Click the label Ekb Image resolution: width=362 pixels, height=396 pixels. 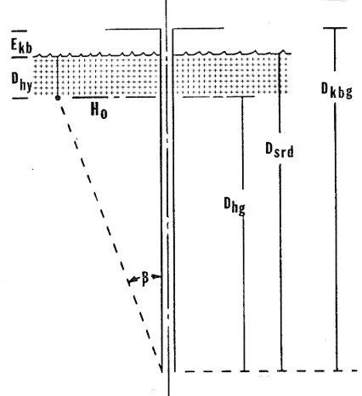pyautogui.click(x=21, y=46)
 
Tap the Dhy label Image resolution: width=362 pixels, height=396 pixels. pyautogui.click(x=21, y=82)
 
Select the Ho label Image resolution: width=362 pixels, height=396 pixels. pyautogui.click(x=99, y=110)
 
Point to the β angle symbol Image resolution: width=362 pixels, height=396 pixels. pyautogui.click(x=144, y=279)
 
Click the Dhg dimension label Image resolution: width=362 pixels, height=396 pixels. pyautogui.click(x=235, y=206)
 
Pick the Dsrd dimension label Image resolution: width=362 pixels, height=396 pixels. pyautogui.click(x=280, y=150)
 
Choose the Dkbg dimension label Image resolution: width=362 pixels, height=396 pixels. pyautogui.click(x=337, y=90)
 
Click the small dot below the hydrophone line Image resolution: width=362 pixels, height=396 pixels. pyautogui.click(x=58, y=98)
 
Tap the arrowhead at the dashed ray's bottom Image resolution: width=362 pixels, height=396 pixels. pyautogui.click(x=161, y=367)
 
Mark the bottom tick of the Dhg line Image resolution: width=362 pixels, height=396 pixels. pyautogui.click(x=245, y=371)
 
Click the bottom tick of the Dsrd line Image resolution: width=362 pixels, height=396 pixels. pyautogui.click(x=281, y=371)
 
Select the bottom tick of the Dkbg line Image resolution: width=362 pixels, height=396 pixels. pyautogui.click(x=337, y=371)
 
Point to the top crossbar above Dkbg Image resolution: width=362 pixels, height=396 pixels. pyautogui.click(x=335, y=28)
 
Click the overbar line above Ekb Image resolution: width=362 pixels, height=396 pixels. pyautogui.click(x=20, y=31)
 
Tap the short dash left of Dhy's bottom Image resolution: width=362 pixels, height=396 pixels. pyautogui.click(x=20, y=99)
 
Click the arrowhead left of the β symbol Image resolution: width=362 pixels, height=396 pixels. pyautogui.click(x=131, y=281)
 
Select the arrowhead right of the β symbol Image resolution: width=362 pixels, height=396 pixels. pyautogui.click(x=155, y=276)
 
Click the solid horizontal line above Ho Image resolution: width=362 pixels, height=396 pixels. pyautogui.click(x=90, y=98)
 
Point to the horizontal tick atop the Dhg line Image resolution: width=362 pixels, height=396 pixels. pyautogui.click(x=242, y=97)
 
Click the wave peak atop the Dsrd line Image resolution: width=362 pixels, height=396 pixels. pyautogui.click(x=282, y=51)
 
